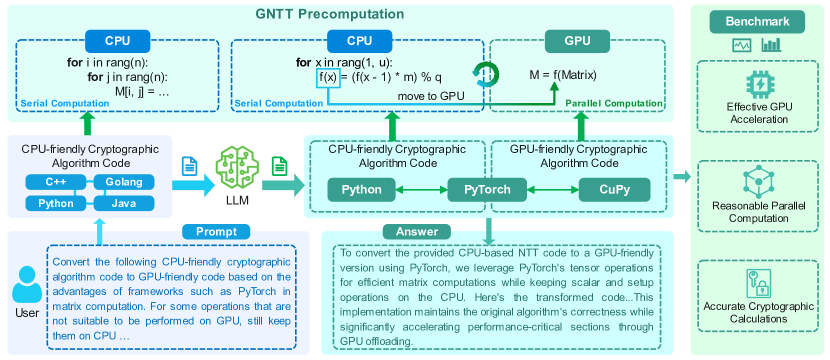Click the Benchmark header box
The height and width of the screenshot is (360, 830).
click(757, 22)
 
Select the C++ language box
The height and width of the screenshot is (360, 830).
click(55, 183)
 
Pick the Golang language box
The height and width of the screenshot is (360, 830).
click(124, 183)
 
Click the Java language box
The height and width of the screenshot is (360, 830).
click(124, 203)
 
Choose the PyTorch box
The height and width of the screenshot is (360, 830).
click(487, 190)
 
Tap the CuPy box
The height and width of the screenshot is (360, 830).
click(615, 190)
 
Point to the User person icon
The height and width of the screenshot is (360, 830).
click(27, 284)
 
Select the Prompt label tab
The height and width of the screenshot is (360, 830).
click(216, 231)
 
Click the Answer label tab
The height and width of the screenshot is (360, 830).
click(417, 231)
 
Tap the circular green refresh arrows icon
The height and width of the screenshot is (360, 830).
click(485, 74)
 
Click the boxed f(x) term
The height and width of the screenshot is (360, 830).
click(327, 77)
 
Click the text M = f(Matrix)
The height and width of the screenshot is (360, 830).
click(563, 76)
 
